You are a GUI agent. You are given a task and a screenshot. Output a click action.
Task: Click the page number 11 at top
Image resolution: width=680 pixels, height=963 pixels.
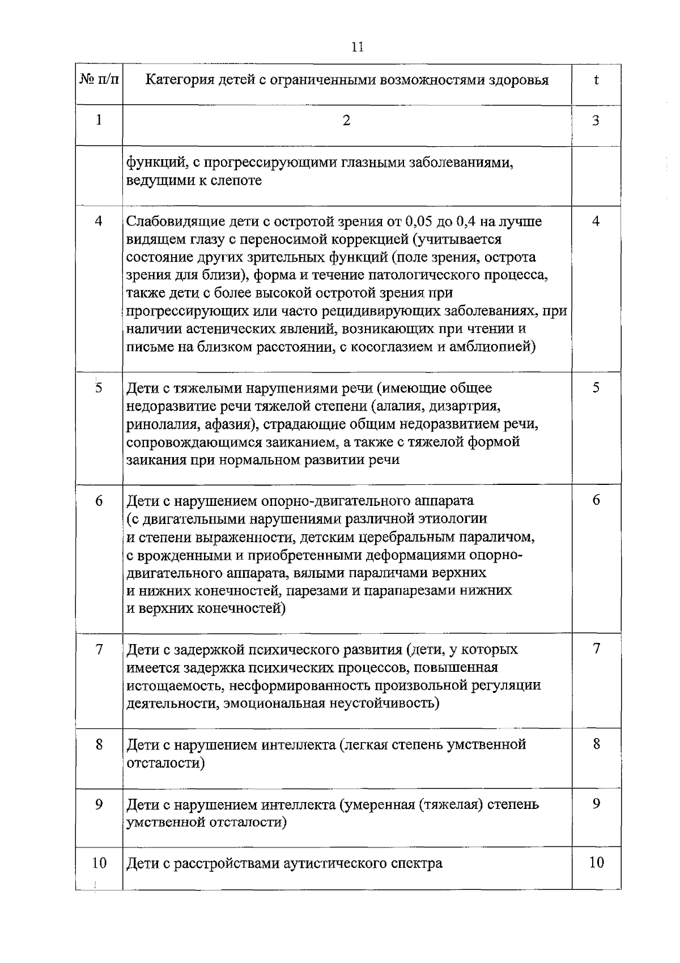[357, 47]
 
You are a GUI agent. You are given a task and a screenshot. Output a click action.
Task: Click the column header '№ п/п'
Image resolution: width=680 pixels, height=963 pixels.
[99, 80]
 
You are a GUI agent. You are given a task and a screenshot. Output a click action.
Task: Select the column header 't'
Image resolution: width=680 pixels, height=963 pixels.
[596, 80]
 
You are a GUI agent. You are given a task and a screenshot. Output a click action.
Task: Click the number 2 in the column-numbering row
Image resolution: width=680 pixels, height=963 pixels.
[347, 121]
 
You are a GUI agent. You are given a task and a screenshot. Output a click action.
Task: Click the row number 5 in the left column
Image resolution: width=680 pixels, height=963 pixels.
[99, 389]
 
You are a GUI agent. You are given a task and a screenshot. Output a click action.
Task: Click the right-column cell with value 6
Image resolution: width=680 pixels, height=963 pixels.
[596, 500]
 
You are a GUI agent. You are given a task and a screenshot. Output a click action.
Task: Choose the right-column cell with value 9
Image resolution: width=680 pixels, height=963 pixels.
[596, 804]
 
